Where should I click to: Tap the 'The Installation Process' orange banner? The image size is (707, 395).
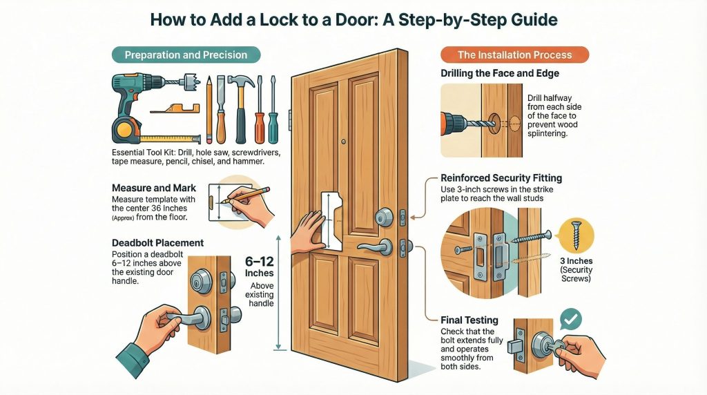pos(514,55)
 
